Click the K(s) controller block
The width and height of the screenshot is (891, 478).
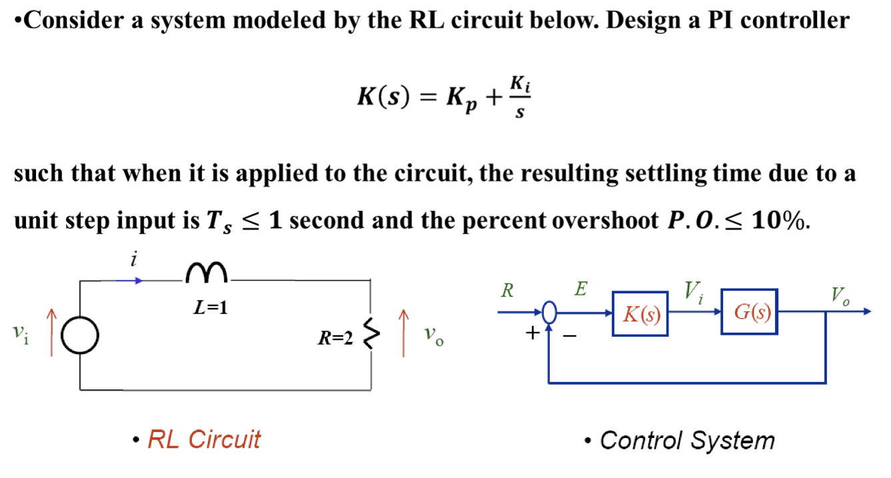640,313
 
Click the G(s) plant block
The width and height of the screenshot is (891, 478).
749,312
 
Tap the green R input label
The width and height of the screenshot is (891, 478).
507,291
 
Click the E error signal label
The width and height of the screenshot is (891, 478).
580,289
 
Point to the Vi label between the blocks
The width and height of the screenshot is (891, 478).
693,291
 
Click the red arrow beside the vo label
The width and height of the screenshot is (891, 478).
403,333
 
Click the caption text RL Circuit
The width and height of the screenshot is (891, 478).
203,439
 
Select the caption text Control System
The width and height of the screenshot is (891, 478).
686,441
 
